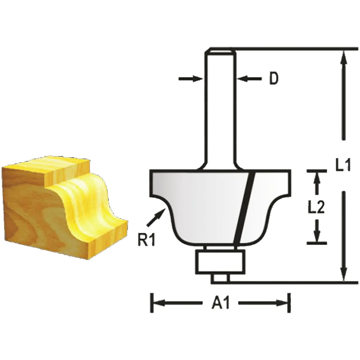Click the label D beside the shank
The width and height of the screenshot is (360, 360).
(273, 78)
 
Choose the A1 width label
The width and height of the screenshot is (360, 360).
(221, 304)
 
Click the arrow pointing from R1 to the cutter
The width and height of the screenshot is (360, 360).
(156, 217)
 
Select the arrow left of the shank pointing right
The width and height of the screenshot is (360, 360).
(191, 78)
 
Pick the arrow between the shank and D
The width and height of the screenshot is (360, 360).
(250, 78)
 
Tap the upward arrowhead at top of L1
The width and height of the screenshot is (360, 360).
(344, 57)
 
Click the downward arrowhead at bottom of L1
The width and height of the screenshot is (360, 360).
(344, 274)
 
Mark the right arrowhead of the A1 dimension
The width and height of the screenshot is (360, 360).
(283, 303)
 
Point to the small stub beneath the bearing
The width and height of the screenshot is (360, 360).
(220, 278)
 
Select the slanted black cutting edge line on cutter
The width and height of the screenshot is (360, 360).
(244, 206)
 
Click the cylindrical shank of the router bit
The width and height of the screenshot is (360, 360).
(219, 110)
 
